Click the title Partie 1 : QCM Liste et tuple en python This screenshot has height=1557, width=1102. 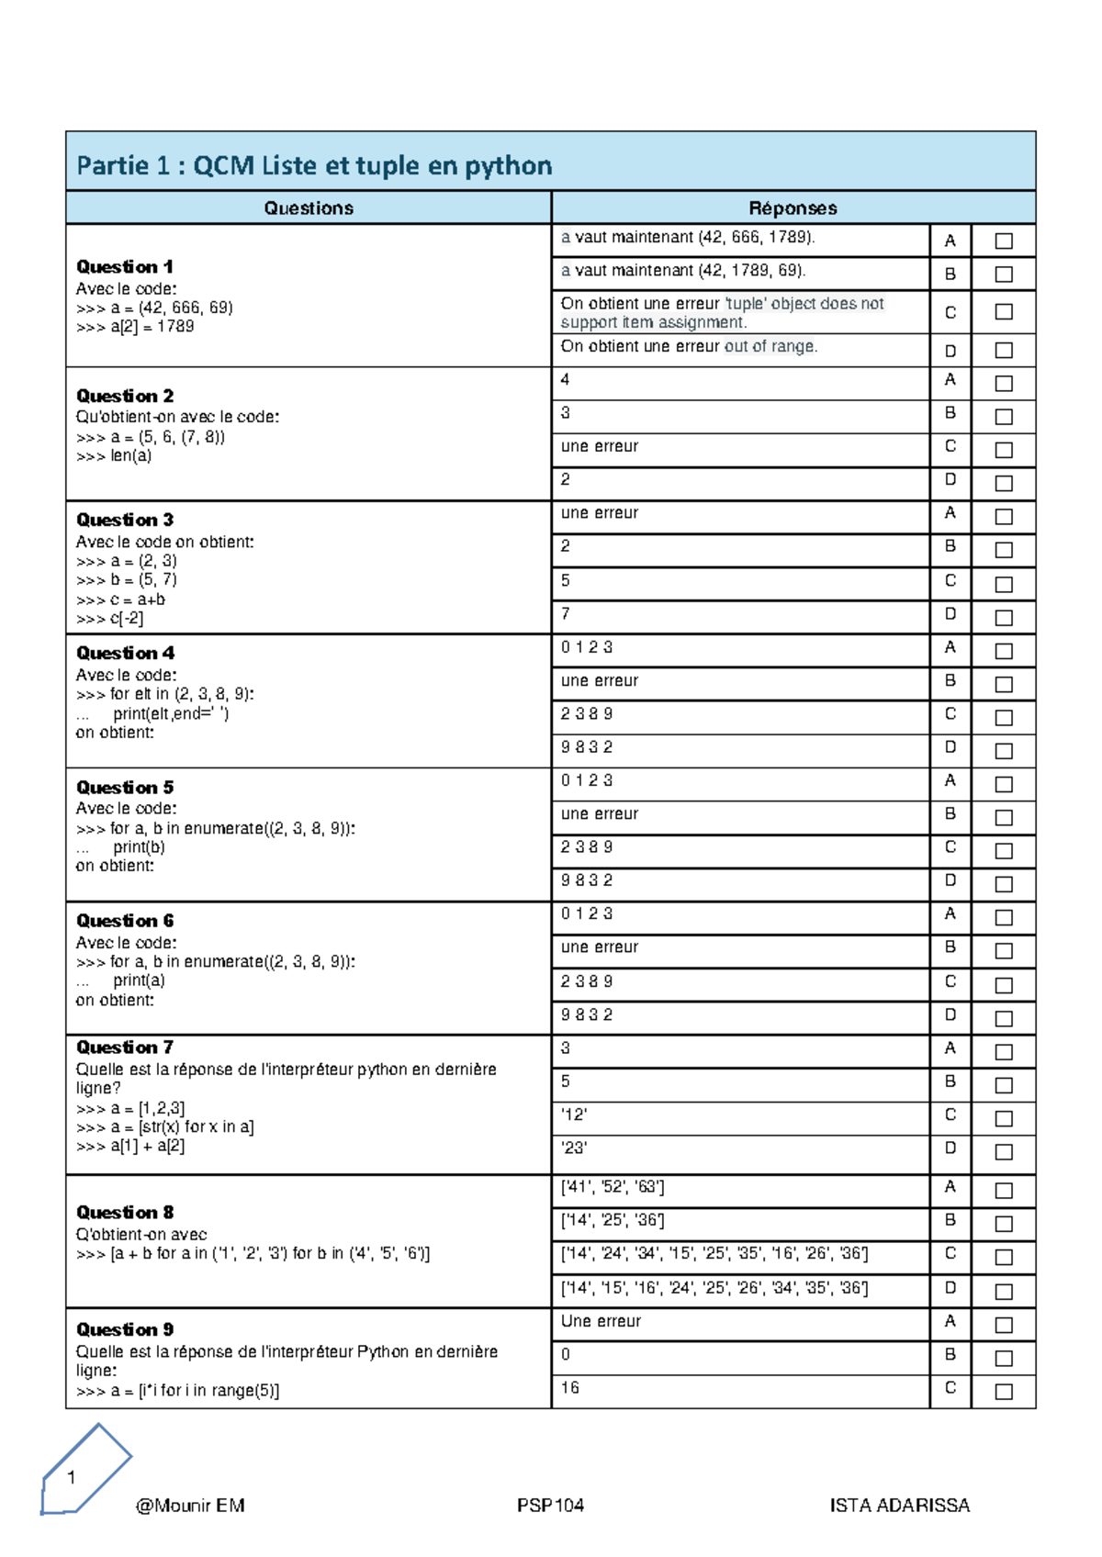[x=314, y=165]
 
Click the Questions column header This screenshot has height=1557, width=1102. [x=309, y=208]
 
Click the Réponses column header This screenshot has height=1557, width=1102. [x=793, y=208]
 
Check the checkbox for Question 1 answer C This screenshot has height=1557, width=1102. [x=1004, y=312]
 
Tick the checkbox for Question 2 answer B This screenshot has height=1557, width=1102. [x=1004, y=417]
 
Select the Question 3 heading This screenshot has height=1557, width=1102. [x=125, y=520]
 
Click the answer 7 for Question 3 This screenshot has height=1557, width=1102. [x=566, y=613]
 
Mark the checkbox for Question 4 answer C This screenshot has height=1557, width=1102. [x=1004, y=718]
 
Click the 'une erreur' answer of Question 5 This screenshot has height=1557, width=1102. [x=600, y=814]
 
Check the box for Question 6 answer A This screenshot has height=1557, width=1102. [x=1004, y=918]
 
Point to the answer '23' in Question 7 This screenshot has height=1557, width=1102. [x=574, y=1148]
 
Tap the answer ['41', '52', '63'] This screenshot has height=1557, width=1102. [x=613, y=1187]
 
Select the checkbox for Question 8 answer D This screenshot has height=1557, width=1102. [x=1004, y=1292]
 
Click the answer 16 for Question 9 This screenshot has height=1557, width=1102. [x=570, y=1388]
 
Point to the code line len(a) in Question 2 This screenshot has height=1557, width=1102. [x=115, y=456]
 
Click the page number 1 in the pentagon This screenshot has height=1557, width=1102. [x=72, y=1478]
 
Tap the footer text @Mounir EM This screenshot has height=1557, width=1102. [x=190, y=1506]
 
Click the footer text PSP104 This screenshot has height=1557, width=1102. [x=550, y=1506]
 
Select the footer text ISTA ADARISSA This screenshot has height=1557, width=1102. [x=899, y=1506]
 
